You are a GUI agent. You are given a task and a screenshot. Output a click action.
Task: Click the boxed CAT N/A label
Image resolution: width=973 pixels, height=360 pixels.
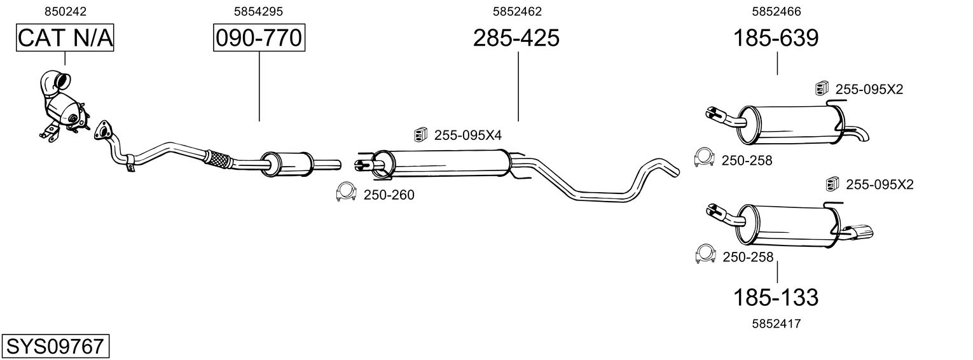click(x=65, y=39)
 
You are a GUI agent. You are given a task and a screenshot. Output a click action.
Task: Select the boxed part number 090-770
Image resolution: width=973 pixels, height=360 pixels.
click(x=259, y=39)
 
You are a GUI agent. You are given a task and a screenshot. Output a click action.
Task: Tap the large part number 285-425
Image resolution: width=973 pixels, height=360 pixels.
click(x=516, y=39)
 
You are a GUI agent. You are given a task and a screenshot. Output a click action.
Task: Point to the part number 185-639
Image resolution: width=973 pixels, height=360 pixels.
click(x=776, y=39)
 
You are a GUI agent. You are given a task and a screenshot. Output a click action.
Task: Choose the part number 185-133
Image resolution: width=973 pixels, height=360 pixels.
click(x=776, y=297)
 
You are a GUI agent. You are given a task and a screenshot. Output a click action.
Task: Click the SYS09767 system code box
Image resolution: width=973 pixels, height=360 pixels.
click(x=55, y=347)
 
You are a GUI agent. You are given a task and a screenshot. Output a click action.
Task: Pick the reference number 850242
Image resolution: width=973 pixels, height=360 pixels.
click(x=66, y=11)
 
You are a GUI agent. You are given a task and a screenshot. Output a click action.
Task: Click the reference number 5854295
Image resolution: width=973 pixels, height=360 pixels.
click(x=258, y=11)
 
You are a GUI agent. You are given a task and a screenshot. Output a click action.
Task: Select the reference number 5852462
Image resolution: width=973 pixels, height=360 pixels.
click(x=517, y=11)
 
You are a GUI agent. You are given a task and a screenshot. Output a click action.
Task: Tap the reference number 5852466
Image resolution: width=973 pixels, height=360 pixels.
click(x=776, y=11)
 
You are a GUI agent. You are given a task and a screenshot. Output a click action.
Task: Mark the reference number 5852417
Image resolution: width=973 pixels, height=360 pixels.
click(x=776, y=324)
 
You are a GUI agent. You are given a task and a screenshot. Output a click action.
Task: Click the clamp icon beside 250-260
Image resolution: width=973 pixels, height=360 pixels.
click(x=345, y=193)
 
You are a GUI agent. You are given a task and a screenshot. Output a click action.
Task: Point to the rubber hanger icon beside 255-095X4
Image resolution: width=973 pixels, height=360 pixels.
click(x=420, y=134)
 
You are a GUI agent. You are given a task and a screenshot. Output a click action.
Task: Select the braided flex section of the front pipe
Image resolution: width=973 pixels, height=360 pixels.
click(x=216, y=158)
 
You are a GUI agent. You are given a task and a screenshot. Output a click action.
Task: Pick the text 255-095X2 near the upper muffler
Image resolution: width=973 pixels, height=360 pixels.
click(x=869, y=90)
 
